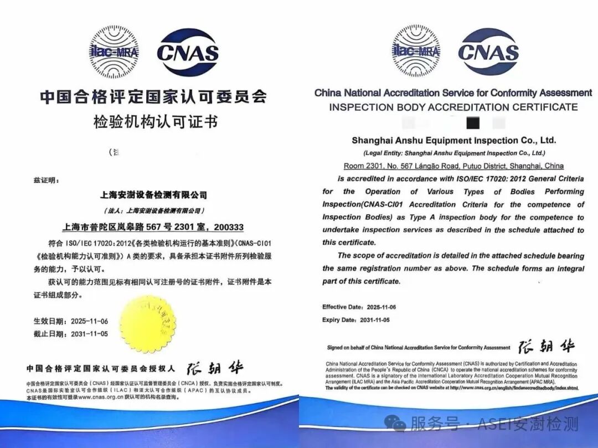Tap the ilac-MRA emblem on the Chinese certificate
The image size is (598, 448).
(114, 52)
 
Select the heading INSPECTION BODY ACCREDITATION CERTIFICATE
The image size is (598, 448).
(453, 107)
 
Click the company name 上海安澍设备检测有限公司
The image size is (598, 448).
(153, 195)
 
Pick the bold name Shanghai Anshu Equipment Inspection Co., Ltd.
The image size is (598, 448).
(453, 141)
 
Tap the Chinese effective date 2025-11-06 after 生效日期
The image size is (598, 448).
(87, 321)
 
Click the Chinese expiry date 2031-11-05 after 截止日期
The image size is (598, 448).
(87, 334)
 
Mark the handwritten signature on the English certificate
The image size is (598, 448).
(546, 347)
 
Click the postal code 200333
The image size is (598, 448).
(229, 227)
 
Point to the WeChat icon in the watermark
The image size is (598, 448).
(399, 424)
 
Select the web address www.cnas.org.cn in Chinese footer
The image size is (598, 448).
(100, 397)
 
